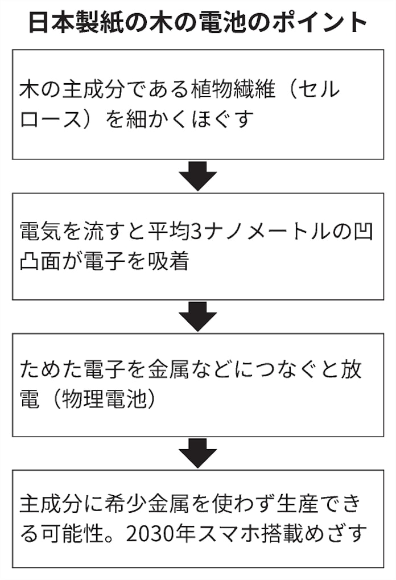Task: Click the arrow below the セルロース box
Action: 197,176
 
